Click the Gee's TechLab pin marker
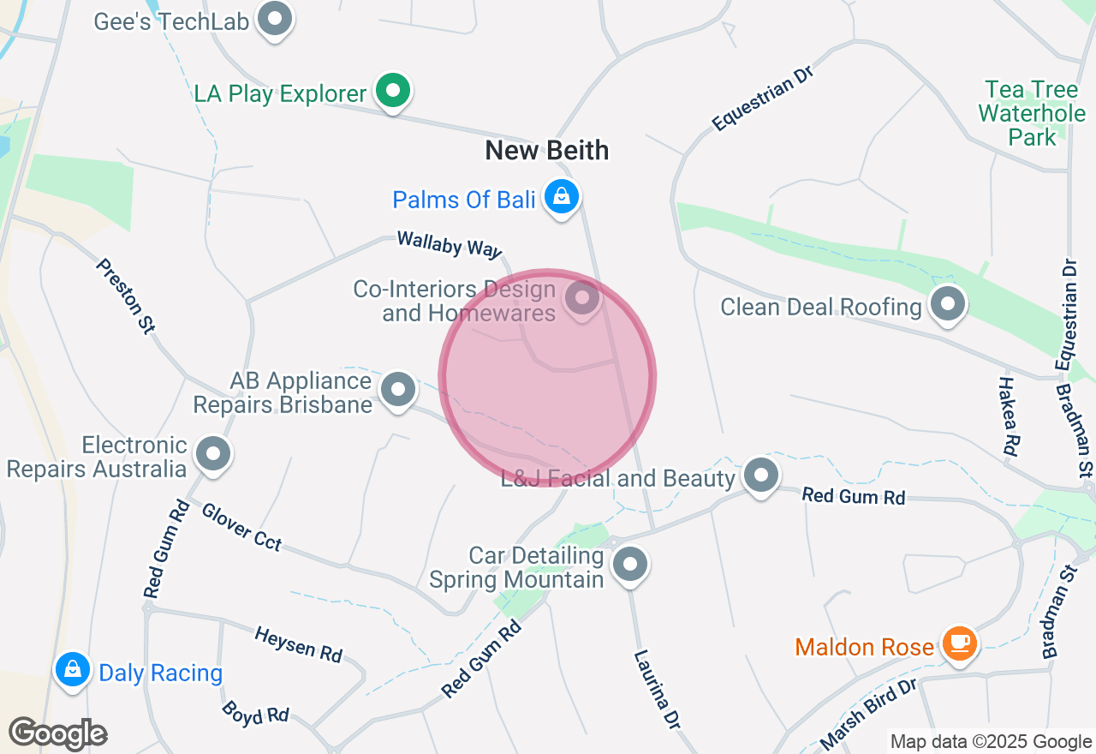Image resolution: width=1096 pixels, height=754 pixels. click(276, 19)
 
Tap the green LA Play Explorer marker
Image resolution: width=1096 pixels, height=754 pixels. click(393, 91)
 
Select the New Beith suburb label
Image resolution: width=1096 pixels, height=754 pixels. click(547, 151)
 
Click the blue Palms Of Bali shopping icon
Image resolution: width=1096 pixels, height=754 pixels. click(562, 198)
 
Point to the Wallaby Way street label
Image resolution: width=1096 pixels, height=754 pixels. click(449, 245)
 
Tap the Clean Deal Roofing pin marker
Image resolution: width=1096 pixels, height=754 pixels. click(948, 304)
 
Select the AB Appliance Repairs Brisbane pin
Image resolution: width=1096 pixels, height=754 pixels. click(397, 391)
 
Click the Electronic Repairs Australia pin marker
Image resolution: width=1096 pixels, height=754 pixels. click(213, 454)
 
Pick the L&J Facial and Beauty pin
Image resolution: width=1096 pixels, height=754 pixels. click(760, 475)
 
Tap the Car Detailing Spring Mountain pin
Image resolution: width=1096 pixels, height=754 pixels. click(631, 565)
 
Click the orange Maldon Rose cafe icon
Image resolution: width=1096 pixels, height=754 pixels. click(959, 643)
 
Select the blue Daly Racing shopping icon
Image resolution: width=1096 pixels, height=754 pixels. click(73, 669)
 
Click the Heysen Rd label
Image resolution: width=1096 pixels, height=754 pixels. click(298, 643)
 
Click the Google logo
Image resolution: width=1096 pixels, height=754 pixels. click(58, 733)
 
